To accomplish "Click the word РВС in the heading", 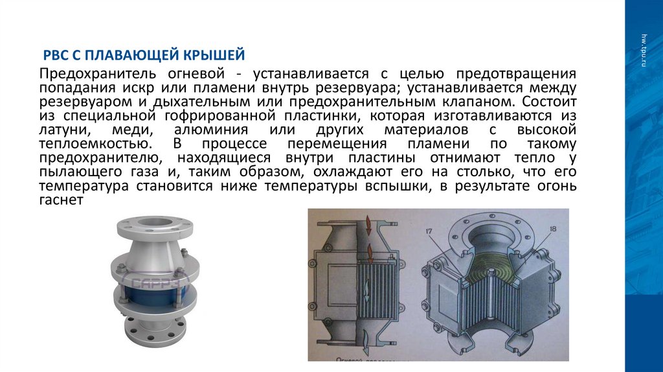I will (54, 52).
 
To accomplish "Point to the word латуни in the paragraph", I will (60, 130).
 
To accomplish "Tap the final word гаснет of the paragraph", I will (60, 202).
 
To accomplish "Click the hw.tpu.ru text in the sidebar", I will (644, 49).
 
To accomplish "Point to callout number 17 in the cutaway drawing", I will (429, 230).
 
